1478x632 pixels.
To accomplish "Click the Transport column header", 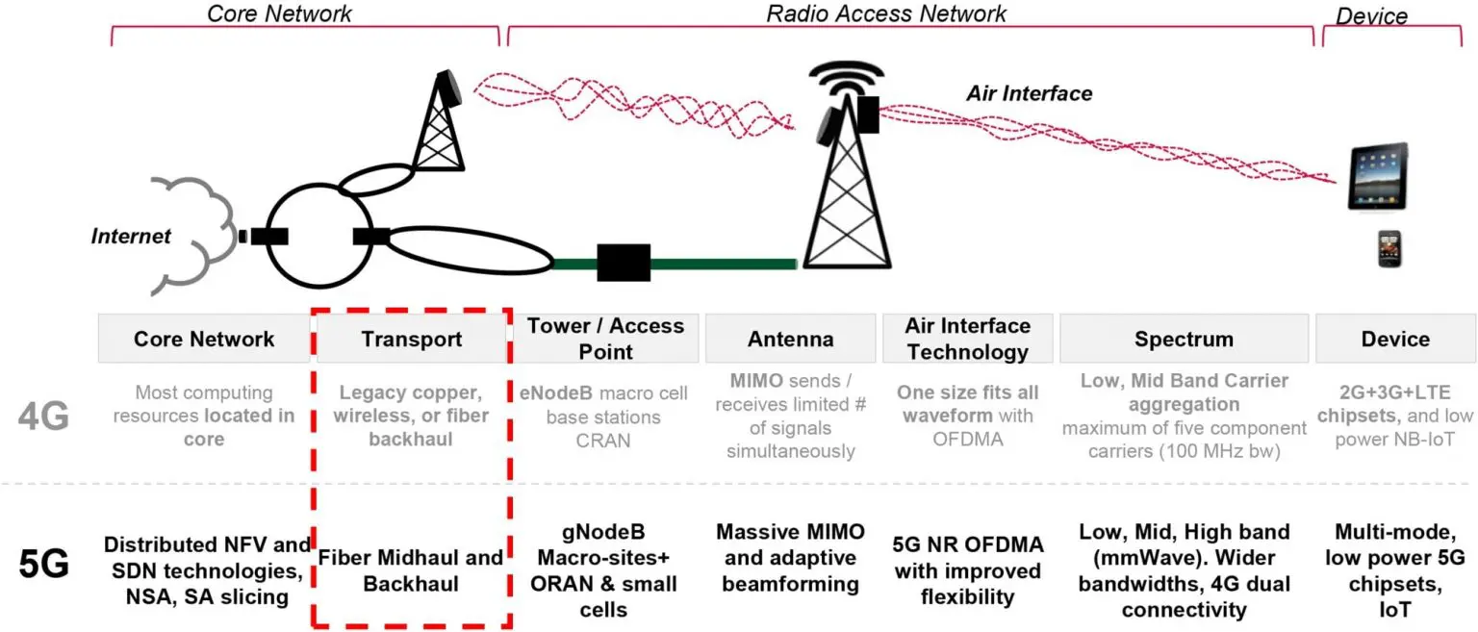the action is click(412, 339).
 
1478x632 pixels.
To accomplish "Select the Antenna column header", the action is click(790, 339).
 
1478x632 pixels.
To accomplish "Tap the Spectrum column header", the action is click(1184, 339).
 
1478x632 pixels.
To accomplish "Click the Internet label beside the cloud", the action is click(131, 236).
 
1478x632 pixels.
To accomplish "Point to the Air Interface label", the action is click(1030, 93).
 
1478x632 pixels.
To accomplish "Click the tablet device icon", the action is click(1378, 177).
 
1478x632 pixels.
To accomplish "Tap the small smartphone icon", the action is click(1389, 249).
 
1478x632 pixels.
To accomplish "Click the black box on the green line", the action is click(624, 263).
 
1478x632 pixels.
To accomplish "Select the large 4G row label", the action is click(43, 417).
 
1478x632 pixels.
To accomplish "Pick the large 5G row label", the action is click(43, 565).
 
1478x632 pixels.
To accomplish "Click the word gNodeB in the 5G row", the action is click(603, 532).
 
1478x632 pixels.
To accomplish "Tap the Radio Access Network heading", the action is click(886, 13).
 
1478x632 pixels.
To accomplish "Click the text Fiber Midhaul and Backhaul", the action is click(411, 570).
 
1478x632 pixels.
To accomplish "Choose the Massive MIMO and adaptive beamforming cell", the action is click(790, 558).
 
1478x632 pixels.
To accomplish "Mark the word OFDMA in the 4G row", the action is click(967, 440).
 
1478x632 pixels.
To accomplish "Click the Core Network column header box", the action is click(204, 339).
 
